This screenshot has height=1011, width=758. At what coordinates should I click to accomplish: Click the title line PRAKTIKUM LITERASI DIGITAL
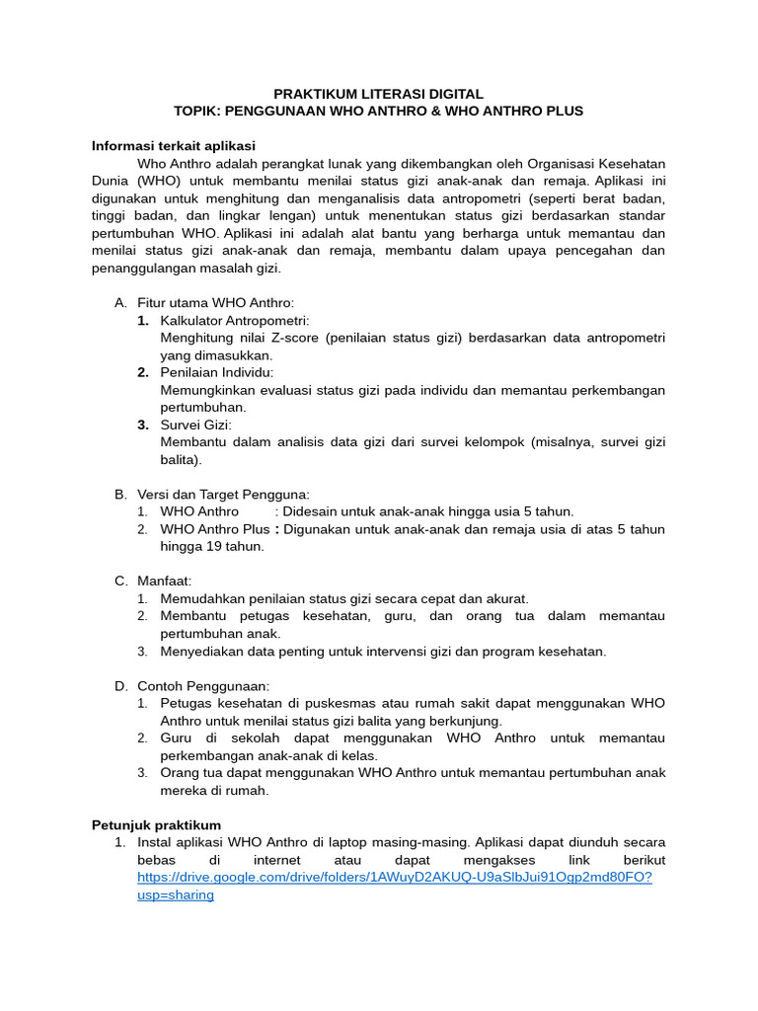point(378,93)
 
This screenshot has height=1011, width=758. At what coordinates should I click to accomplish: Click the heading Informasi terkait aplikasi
point(174,145)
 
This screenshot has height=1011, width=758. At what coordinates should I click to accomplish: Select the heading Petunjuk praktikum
point(156,824)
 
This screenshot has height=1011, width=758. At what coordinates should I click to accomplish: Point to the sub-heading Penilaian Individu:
point(217,372)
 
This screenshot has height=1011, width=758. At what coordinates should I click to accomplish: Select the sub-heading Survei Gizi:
point(195,425)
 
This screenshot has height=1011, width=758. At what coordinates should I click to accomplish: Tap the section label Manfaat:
point(165,581)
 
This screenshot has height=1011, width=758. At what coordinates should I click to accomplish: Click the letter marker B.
point(120,494)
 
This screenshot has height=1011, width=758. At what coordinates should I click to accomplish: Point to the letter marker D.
point(120,685)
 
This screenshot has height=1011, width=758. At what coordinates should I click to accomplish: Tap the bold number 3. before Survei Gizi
point(143,425)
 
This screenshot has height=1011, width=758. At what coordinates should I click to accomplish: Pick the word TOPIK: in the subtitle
point(198,111)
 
